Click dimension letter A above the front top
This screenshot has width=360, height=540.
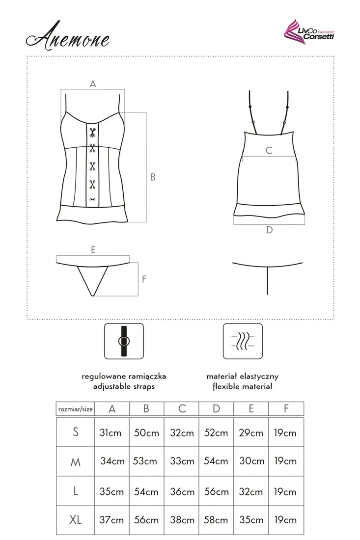92,84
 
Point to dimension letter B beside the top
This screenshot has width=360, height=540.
153,177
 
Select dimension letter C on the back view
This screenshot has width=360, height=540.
269,150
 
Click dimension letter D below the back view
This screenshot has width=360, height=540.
269,230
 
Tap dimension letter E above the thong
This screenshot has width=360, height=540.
93,249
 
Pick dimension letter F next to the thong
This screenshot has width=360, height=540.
144,279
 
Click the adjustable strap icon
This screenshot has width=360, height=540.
123,341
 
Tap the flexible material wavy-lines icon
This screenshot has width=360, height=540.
242,341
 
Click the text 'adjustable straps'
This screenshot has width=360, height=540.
124,386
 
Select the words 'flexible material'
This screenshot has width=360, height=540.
243,386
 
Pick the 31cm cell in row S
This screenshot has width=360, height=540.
111,432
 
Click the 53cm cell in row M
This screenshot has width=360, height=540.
146,461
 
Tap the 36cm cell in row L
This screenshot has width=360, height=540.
182,491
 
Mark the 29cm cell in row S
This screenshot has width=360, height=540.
251,432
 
